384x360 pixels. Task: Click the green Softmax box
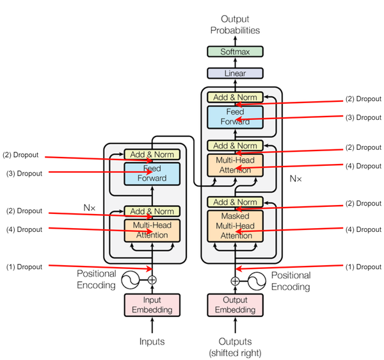[x=235, y=51]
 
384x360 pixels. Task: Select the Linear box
[x=235, y=73]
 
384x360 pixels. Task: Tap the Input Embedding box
[x=152, y=305]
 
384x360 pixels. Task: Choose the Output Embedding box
[x=235, y=305]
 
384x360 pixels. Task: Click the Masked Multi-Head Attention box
[x=235, y=226]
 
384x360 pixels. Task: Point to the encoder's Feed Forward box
[x=152, y=174]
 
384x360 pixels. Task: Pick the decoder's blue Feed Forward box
[x=235, y=117]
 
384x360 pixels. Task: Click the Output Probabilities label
[x=235, y=24]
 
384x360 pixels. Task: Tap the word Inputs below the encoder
[x=152, y=341]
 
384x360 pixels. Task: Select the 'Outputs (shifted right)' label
[x=235, y=347]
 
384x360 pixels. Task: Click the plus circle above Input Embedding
[x=152, y=280]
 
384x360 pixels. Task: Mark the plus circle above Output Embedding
[x=235, y=281]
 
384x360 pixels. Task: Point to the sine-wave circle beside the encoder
[x=131, y=280]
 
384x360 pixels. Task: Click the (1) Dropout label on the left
[x=24, y=266]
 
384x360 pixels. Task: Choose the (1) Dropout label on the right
[x=364, y=266]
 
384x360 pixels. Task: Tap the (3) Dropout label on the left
[x=24, y=173]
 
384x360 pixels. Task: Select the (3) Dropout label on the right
[x=364, y=117]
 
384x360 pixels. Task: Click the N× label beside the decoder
[x=296, y=179]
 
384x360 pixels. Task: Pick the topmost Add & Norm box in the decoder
[x=235, y=97]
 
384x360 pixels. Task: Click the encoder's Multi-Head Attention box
[x=152, y=231]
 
